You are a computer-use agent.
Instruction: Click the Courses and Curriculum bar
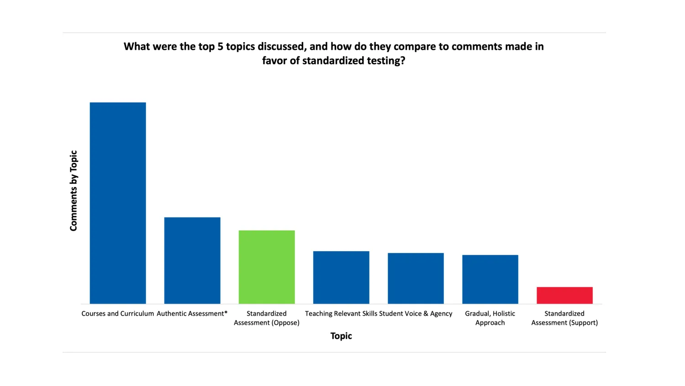118,203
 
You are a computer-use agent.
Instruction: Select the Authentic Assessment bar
192,260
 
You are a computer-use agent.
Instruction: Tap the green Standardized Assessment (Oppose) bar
267,267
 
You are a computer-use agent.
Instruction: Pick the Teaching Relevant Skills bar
341,277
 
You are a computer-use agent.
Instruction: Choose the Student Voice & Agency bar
416,278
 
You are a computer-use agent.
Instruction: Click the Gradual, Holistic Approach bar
490,279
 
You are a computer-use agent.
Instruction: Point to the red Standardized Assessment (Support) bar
564,295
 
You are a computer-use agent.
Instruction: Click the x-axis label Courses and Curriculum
117,314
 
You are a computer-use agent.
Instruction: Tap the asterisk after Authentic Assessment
226,313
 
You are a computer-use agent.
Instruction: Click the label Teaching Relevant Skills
341,314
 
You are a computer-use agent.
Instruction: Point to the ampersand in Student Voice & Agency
426,314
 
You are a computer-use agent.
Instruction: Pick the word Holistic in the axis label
504,314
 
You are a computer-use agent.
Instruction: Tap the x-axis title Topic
341,336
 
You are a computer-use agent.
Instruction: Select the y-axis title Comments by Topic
74,191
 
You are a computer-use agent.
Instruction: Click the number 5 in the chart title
220,47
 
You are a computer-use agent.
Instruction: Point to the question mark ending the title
402,61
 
